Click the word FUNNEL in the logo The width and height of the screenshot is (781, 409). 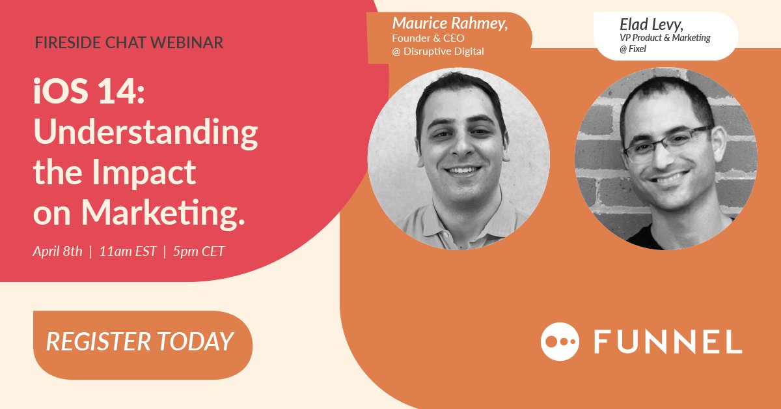(x=668, y=341)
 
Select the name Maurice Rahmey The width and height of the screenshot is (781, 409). (x=450, y=23)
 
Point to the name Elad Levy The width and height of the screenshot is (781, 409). (x=651, y=25)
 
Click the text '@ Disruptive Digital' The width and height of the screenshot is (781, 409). (x=438, y=51)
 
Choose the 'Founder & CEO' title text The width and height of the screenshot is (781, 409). (x=428, y=38)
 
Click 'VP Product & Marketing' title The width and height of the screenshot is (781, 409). (x=665, y=38)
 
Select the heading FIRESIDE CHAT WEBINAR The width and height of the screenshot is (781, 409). (x=130, y=43)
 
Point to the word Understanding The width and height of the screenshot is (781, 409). (x=146, y=134)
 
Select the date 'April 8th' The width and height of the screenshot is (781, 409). (x=58, y=251)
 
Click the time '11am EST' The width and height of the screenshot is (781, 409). (x=128, y=251)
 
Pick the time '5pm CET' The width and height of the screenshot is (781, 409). (x=199, y=251)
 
